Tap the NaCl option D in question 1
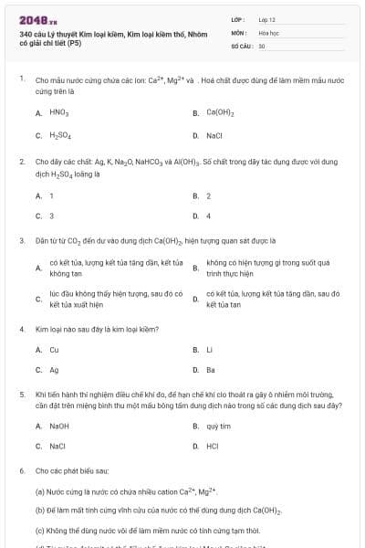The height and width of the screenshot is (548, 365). (x=214, y=135)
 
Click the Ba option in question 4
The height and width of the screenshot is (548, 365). (x=211, y=370)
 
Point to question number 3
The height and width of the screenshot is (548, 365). (x=21, y=241)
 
